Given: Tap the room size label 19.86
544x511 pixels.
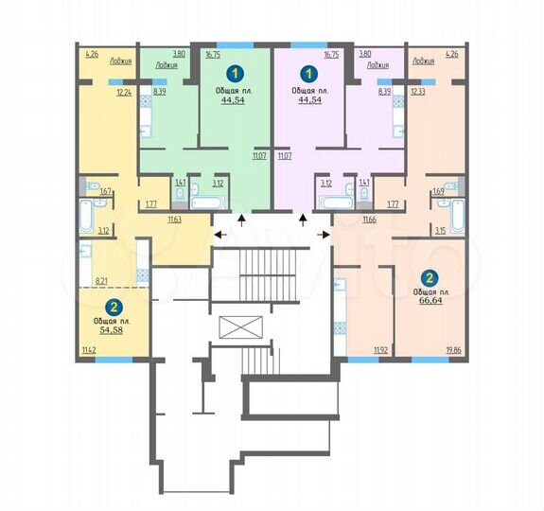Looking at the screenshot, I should (x=455, y=350).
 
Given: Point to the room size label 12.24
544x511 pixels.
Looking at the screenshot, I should (x=124, y=93).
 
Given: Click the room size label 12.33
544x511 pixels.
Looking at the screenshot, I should (x=418, y=93).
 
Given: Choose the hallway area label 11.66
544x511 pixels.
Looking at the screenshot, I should (x=370, y=220).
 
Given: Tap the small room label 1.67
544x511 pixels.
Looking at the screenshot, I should (x=106, y=192).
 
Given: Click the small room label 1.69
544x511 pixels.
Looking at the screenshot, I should (x=437, y=192).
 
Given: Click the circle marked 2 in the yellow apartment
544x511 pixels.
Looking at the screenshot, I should (x=113, y=307).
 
